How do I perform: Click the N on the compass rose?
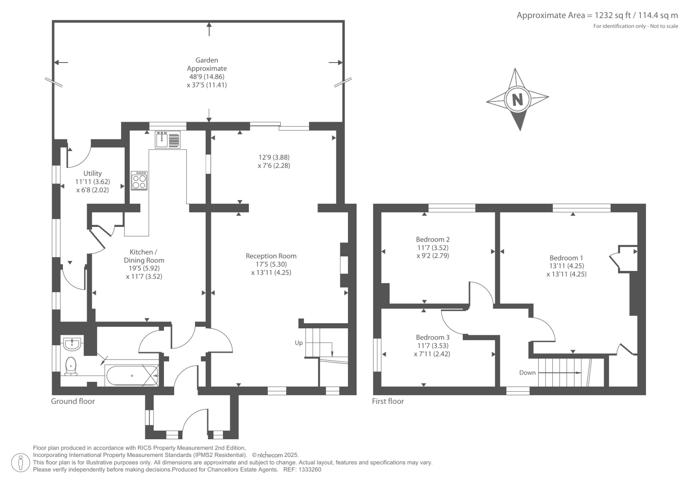[x=517, y=99]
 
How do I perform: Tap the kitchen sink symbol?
[x=168, y=140]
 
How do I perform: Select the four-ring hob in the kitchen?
[x=139, y=181]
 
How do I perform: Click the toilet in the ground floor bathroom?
[x=71, y=366]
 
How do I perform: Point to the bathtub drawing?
[x=132, y=375]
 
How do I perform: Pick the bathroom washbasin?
[x=72, y=344]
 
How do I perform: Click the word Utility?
[x=92, y=173]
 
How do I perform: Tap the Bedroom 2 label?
[x=433, y=239]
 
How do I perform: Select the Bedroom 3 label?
[x=433, y=337]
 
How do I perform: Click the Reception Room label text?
[x=271, y=256]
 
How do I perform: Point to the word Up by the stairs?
[x=299, y=343]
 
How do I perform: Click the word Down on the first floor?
[x=527, y=373]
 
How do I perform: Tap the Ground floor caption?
[x=73, y=401]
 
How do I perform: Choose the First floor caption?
[x=388, y=401]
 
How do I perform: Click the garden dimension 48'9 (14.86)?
[x=207, y=76]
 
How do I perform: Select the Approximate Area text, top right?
[x=597, y=15]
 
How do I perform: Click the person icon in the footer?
[x=21, y=463]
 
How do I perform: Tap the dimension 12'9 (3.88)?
[x=274, y=157]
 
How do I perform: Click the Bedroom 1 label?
[x=567, y=258]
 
